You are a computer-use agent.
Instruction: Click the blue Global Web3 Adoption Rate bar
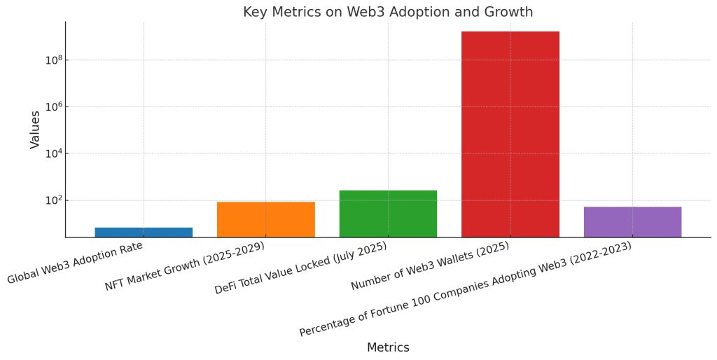144,233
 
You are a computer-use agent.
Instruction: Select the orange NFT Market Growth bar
266,219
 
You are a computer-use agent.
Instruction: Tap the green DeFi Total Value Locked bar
388,214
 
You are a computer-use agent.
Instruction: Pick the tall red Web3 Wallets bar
510,134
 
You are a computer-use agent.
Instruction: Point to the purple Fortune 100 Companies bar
632,222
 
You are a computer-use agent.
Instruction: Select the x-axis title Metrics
388,347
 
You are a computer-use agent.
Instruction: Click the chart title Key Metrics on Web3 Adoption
388,12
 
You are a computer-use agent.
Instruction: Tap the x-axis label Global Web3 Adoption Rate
75,263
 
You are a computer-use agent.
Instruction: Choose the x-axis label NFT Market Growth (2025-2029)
185,265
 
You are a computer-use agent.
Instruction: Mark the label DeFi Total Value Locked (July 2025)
301,269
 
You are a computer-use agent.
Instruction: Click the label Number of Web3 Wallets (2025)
430,266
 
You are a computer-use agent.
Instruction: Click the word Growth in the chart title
510,12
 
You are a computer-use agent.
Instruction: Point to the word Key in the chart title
253,12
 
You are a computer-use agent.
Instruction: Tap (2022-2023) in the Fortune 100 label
595,256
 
